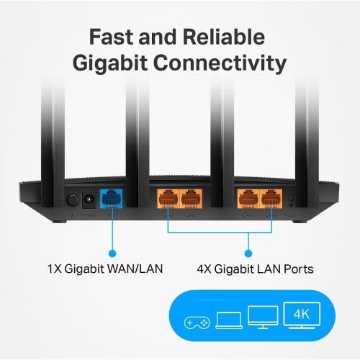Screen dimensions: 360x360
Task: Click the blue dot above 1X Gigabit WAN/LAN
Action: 112,253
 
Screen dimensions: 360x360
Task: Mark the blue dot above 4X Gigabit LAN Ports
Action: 248,253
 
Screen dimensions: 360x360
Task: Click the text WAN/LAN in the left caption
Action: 137,270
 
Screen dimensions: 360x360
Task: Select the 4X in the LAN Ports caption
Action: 206,270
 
